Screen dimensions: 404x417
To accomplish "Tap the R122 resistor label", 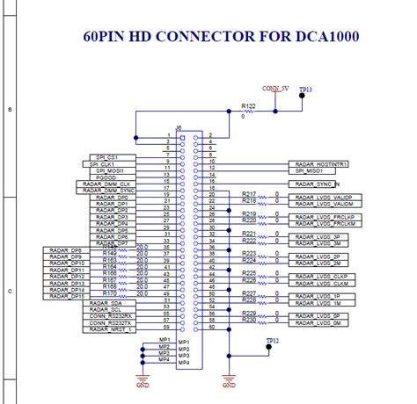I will (x=248, y=105).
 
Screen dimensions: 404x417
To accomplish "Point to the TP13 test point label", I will (x=305, y=90).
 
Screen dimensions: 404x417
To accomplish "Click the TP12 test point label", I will (x=272, y=339).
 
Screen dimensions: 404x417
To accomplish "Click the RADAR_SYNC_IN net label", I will (x=318, y=184).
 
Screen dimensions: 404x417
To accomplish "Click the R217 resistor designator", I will (x=248, y=193).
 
